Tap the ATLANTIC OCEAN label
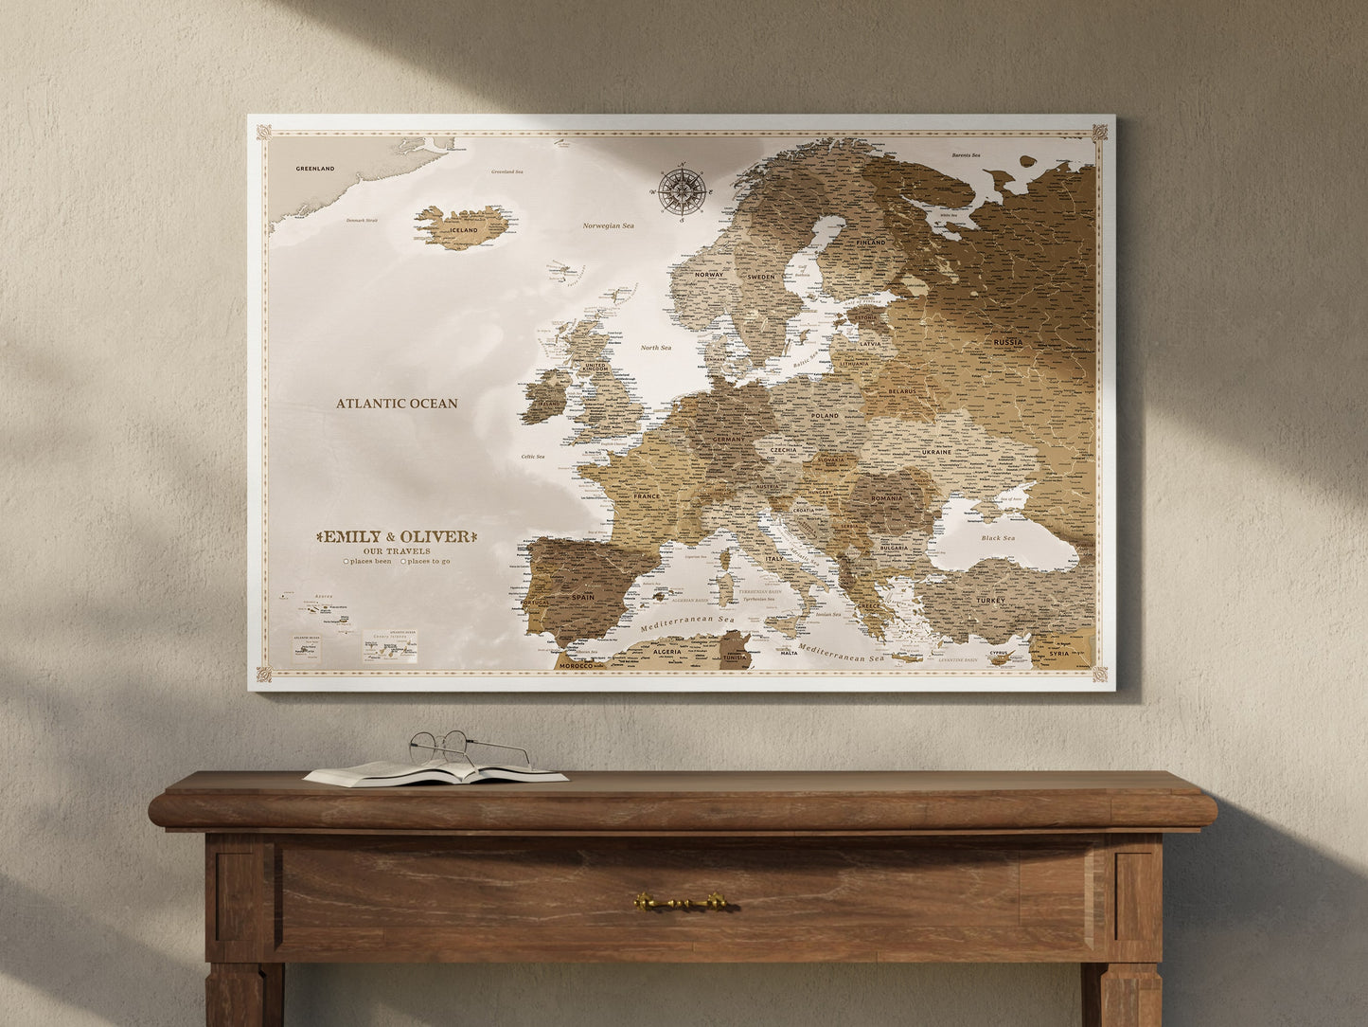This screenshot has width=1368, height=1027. [397, 404]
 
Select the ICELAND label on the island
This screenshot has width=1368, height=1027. [464, 229]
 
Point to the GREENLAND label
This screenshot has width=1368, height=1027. [314, 169]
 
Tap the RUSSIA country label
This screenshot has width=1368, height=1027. [1007, 342]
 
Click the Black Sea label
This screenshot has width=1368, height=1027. [997, 538]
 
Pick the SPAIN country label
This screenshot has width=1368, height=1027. [583, 597]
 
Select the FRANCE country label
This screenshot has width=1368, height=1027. [647, 496]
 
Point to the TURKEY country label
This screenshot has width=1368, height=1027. [991, 601]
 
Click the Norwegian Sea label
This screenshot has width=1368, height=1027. [608, 225]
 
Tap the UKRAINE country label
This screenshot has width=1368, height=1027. [936, 452]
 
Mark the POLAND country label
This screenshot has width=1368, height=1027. [825, 416]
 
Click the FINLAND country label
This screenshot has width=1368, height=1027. [871, 243]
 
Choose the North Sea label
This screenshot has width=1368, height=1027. [655, 348]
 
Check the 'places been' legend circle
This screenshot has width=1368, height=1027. [346, 561]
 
